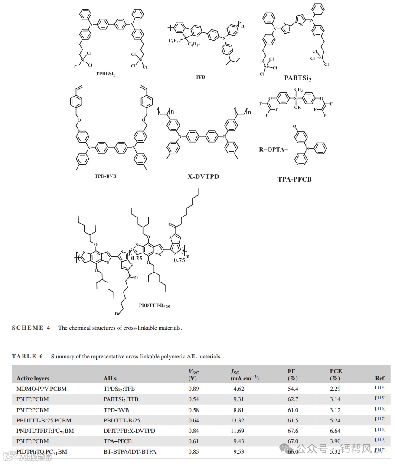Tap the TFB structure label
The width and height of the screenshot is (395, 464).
coord(200,77)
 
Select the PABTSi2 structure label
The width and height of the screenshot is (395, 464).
coord(298,78)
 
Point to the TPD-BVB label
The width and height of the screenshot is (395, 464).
coord(105,176)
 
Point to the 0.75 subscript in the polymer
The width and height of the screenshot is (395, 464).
coord(180,260)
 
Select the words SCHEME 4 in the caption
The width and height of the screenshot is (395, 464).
coord(31,328)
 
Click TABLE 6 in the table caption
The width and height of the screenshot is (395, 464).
coord(27,357)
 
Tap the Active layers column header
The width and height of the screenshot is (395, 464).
coord(33,379)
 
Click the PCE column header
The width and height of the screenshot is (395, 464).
coord(336,371)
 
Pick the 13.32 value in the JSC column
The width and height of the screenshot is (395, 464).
coord(238,420)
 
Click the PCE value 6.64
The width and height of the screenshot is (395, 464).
coord(335,431)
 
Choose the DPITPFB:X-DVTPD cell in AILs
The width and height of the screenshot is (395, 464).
coord(129,431)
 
